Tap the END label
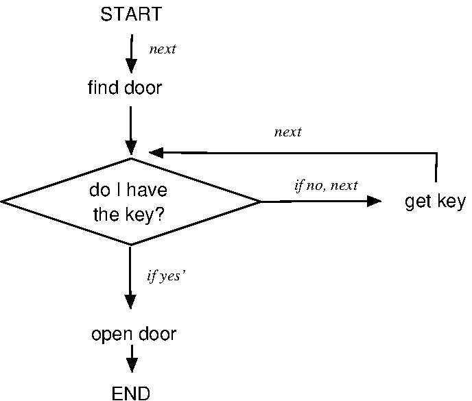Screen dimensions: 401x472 (x=130, y=393)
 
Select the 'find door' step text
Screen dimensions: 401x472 (x=125, y=88)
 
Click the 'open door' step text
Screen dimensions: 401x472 (x=134, y=334)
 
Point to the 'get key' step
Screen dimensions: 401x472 (x=435, y=202)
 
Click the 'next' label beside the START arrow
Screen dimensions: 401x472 (x=163, y=50)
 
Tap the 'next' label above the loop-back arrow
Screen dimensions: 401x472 (x=287, y=132)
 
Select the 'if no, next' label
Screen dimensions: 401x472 (x=326, y=186)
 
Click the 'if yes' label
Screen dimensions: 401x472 (x=167, y=276)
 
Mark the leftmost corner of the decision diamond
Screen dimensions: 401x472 (x=3, y=202)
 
